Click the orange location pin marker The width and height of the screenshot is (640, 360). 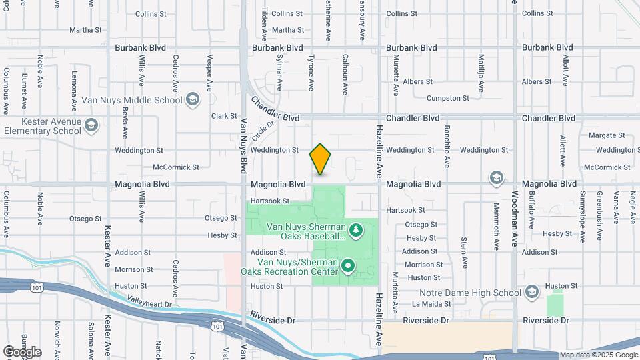pos(321,159)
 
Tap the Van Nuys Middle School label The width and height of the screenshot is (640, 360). pos(131,100)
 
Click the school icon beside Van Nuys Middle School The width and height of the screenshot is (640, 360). pos(193,99)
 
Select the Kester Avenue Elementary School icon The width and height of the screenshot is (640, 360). pos(91,125)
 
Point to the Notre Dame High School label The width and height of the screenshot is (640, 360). pos(470,293)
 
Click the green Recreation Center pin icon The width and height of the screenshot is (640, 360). pos(348,267)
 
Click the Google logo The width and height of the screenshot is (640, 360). pos(22,351)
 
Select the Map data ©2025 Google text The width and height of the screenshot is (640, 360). pos(598,355)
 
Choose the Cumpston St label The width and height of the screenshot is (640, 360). pos(447,98)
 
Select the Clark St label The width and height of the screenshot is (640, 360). pos(224,116)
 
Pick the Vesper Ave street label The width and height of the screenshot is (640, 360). pos(209,72)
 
